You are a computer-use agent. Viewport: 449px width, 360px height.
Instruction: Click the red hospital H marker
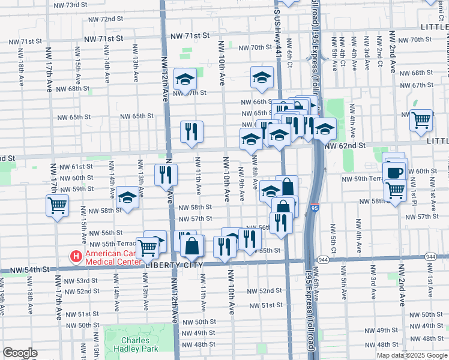pyautogui.click(x=76, y=257)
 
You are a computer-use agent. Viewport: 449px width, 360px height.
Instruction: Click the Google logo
pyautogui.click(x=20, y=353)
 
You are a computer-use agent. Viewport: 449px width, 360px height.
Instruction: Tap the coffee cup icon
pyautogui.click(x=394, y=173)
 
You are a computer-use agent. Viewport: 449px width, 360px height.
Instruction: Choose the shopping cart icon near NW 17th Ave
pyautogui.click(x=57, y=206)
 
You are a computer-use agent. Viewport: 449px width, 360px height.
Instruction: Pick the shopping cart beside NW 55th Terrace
pyautogui.click(x=146, y=247)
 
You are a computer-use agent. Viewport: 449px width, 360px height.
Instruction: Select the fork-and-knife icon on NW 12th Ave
pyautogui.click(x=166, y=175)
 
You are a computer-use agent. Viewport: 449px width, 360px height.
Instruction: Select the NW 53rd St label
pyautogui.click(x=82, y=281)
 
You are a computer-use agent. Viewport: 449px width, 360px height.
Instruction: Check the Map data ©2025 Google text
pyautogui.click(x=411, y=355)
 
